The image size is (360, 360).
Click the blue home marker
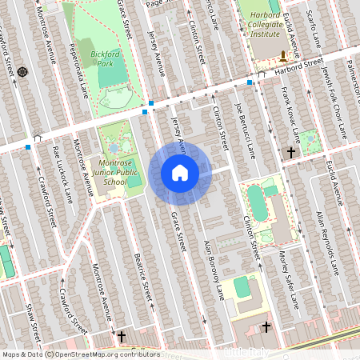point(180,173)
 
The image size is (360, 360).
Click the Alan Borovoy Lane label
point(213,269)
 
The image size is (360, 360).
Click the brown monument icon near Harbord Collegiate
point(283,54)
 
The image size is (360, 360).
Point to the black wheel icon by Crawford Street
point(22,72)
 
